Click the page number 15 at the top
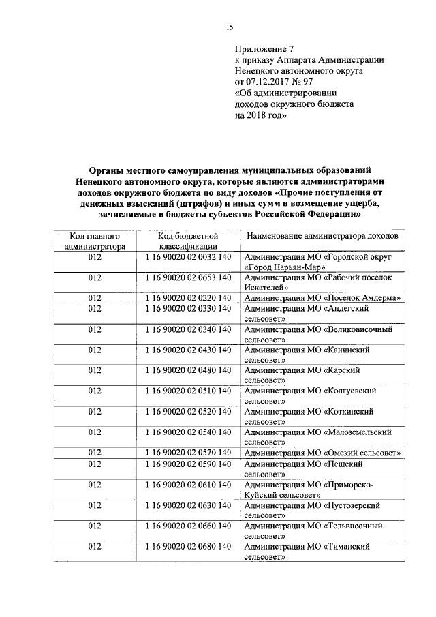230,27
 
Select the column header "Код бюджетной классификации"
188,241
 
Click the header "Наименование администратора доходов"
322,236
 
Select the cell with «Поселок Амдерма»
322,298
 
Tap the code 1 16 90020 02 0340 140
188,329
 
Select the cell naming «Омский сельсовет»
322,453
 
